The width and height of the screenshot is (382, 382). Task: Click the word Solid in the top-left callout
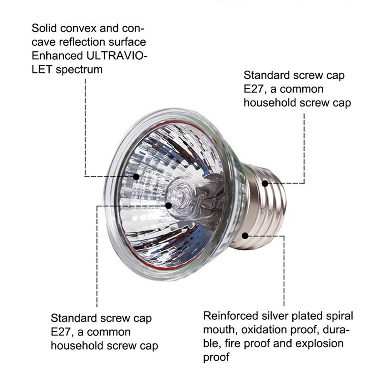(x=44, y=28)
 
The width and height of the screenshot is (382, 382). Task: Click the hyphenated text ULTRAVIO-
(x=117, y=56)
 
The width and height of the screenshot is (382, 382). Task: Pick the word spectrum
(x=79, y=70)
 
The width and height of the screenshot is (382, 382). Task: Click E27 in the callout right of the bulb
(x=254, y=89)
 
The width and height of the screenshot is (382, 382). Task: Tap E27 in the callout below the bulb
(x=61, y=332)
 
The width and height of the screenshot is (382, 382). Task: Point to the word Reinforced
(x=231, y=316)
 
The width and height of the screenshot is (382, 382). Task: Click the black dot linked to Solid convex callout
(x=136, y=177)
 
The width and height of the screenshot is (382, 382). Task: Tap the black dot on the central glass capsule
(x=169, y=205)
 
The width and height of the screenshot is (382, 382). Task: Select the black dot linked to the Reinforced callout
(x=245, y=235)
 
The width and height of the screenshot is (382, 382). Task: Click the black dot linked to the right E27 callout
(x=265, y=183)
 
